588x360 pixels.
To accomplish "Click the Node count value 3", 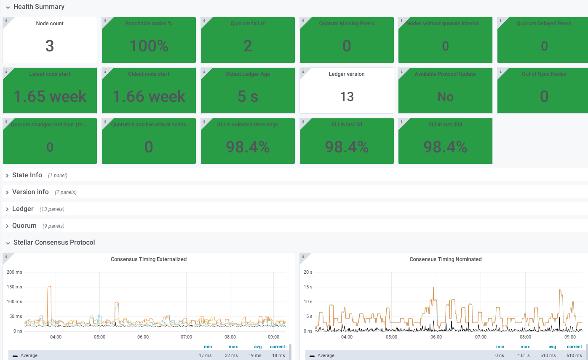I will click(50, 46).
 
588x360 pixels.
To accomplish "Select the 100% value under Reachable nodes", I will click(149, 46).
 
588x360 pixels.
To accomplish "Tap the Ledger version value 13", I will click(347, 97).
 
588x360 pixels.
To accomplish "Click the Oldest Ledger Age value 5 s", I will click(248, 97).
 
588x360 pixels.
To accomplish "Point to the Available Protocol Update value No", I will click(445, 97).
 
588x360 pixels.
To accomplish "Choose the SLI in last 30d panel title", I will click(445, 125).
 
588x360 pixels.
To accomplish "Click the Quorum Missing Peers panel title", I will click(346, 24).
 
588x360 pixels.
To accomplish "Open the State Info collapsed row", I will click(27, 175).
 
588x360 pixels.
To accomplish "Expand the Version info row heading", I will click(30, 192).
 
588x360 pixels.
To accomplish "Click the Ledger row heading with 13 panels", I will click(23, 209).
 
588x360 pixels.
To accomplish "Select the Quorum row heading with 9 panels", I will click(24, 226).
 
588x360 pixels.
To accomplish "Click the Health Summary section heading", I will click(39, 7).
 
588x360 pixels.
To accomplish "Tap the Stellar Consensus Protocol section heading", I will click(54, 243).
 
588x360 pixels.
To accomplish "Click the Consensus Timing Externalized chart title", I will click(149, 259).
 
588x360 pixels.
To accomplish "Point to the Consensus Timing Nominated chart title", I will click(445, 259).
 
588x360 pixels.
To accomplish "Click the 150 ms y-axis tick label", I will click(15, 287).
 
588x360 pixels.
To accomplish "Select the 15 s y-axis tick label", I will click(308, 287).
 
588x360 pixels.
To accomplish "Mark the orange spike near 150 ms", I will click(49, 287).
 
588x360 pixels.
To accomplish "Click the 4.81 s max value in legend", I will click(525, 356).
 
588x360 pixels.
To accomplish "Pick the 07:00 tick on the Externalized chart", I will click(186, 337).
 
